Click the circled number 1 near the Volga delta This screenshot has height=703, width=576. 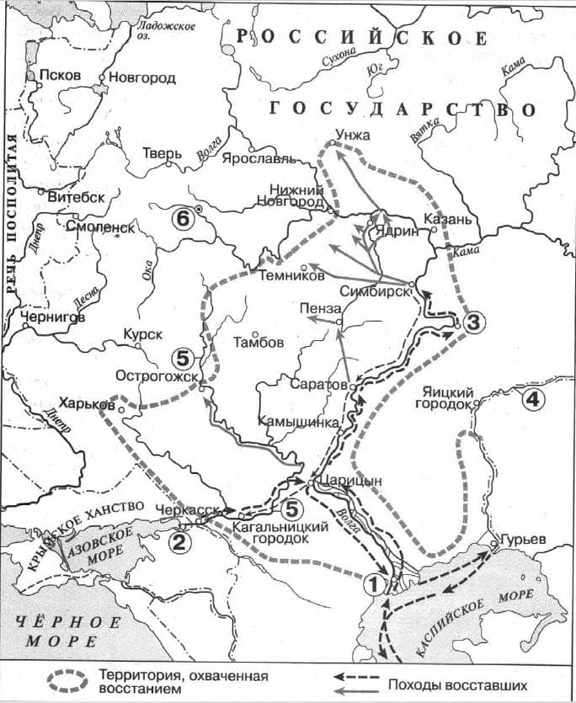pos(375,580)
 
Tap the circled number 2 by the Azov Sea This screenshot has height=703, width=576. pos(179,541)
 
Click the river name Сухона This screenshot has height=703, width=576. pos(339,56)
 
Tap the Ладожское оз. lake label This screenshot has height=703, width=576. pos(166,31)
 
